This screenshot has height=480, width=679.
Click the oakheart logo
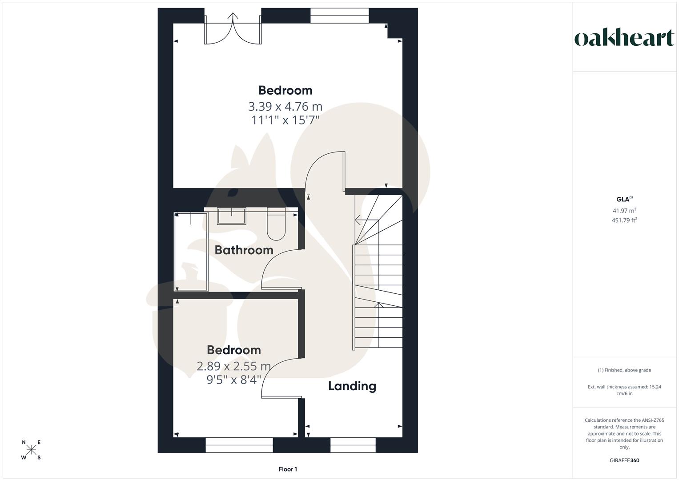pyautogui.click(x=624, y=39)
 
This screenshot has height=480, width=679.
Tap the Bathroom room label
pyautogui.click(x=244, y=250)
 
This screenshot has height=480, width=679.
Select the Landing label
pyautogui.click(x=352, y=386)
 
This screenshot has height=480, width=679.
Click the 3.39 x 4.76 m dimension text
pyautogui.click(x=285, y=107)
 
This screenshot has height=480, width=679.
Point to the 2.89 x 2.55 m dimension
pyautogui.click(x=233, y=366)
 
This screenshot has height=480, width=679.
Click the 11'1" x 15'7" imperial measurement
pyautogui.click(x=285, y=120)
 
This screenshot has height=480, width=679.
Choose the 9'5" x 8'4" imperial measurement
pyautogui.click(x=233, y=380)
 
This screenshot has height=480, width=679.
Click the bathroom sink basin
pyautogui.click(x=231, y=216)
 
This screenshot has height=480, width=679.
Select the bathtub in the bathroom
pyautogui.click(x=191, y=252)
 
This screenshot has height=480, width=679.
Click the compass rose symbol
pyautogui.click(x=31, y=450)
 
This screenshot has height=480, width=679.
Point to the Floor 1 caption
pyautogui.click(x=288, y=469)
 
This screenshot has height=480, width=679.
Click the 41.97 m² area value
pyautogui.click(x=624, y=211)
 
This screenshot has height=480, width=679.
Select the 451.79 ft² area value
pyautogui.click(x=624, y=220)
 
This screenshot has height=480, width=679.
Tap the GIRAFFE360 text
pyautogui.click(x=624, y=460)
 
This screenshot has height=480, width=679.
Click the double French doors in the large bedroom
pyautogui.click(x=232, y=29)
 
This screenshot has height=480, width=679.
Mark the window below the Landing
pyautogui.click(x=353, y=444)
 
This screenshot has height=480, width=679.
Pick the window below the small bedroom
pyautogui.click(x=239, y=444)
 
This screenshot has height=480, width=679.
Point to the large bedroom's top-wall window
pyautogui.click(x=339, y=16)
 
